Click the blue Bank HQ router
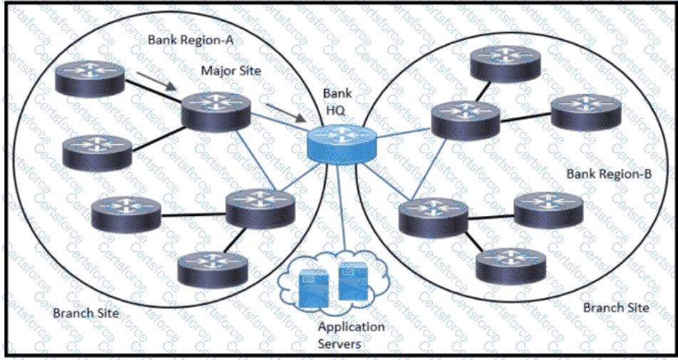[x=341, y=144]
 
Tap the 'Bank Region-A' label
[x=190, y=40]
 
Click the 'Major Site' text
[x=232, y=71]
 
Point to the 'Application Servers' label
[x=351, y=335]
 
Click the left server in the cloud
[x=314, y=288]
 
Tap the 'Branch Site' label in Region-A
[x=86, y=314]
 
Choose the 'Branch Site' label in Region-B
[x=616, y=308]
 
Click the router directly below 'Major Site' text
[x=216, y=111]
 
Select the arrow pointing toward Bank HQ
[x=285, y=113]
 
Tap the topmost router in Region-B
[x=505, y=63]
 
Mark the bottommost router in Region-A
[x=212, y=269]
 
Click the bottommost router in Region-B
[x=510, y=266]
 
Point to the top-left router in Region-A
[x=90, y=78]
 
